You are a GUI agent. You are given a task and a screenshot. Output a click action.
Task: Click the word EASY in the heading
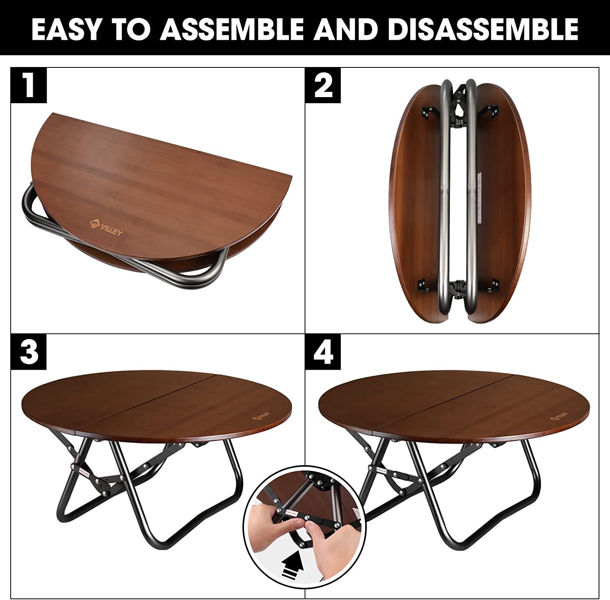pyautogui.click(x=65, y=29)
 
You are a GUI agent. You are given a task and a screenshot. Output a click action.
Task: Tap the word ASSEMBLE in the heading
pyautogui.click(x=232, y=29)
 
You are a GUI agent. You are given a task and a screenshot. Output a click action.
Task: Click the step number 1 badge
pyautogui.click(x=28, y=85)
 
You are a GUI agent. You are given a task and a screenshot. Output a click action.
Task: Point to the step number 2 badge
pyautogui.click(x=323, y=85)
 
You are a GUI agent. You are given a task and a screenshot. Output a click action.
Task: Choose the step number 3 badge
pyautogui.click(x=28, y=352)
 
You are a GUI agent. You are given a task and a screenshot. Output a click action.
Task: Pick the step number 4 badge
pyautogui.click(x=323, y=352)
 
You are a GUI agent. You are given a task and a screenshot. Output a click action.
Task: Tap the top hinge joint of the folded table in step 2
pyautogui.click(x=460, y=106)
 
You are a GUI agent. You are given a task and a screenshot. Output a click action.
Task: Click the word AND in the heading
pyautogui.click(x=345, y=29)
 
